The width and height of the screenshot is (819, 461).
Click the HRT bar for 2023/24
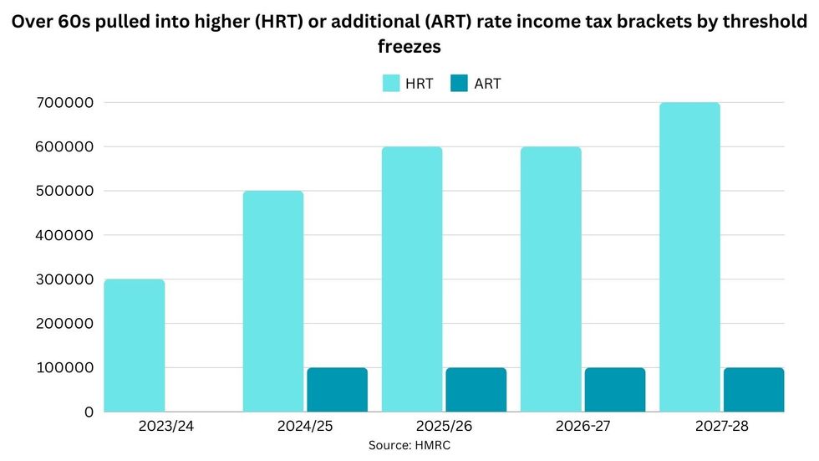(135, 345)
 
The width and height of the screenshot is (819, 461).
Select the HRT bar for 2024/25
(273, 301)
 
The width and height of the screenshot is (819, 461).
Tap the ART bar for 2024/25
(337, 389)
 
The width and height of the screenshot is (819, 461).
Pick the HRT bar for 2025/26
(412, 279)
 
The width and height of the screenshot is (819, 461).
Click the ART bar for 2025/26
(476, 389)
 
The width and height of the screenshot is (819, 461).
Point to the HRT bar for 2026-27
(551, 279)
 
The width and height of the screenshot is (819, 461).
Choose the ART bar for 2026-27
(614, 389)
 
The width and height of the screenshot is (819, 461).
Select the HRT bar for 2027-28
(689, 257)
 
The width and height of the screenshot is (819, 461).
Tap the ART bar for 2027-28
(754, 389)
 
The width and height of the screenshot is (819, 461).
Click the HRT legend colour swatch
(393, 83)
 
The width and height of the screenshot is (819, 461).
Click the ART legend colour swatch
(460, 83)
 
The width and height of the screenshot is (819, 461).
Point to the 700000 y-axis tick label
(64, 103)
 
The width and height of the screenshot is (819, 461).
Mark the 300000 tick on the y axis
(64, 279)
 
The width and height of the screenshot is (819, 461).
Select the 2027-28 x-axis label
(722, 427)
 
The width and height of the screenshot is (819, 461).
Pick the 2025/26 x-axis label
(444, 427)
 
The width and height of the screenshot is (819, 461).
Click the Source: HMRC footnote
(409, 446)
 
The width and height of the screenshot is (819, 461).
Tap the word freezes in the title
(409, 48)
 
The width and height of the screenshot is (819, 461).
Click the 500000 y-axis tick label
(64, 191)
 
